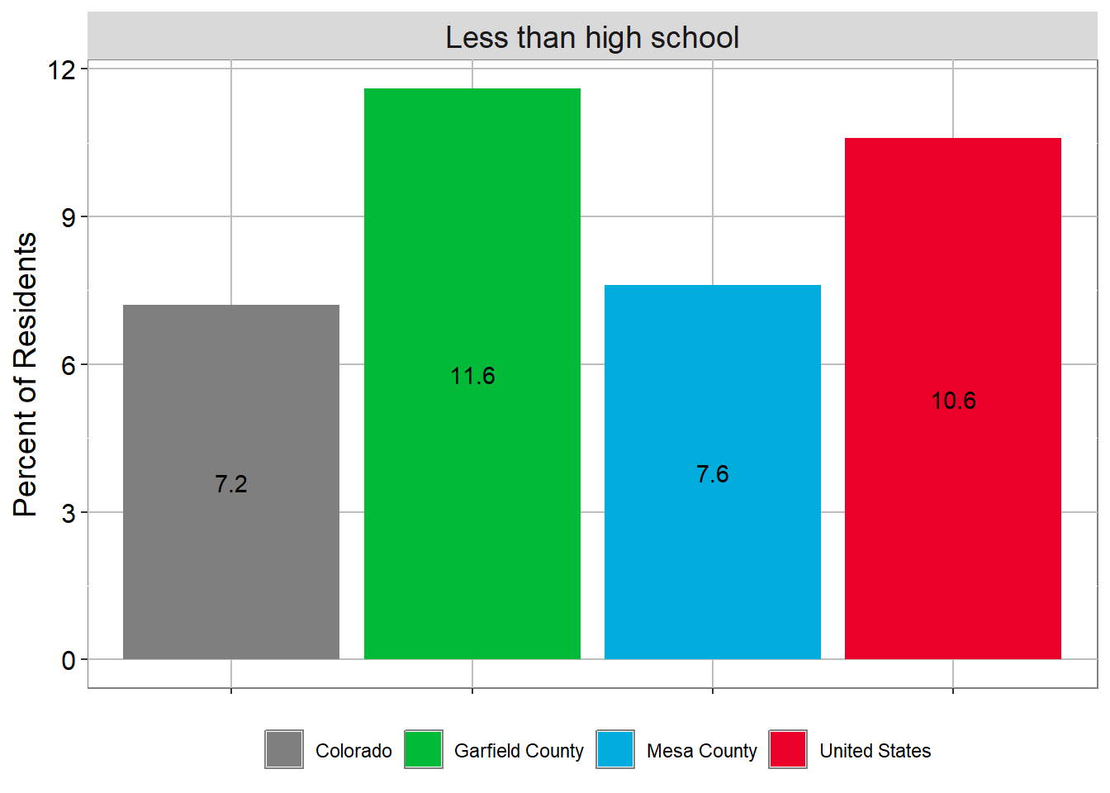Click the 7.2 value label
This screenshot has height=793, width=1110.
[x=231, y=484]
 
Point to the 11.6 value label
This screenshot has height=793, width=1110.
[x=472, y=377]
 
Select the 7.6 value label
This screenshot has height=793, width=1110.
[x=713, y=474]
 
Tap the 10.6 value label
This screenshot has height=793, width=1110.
[x=953, y=401]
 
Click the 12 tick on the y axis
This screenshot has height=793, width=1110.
[x=62, y=70]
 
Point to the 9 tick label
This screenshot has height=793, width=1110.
[x=68, y=218]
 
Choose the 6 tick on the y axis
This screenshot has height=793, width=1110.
[x=68, y=366]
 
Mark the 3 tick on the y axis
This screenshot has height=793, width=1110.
[x=68, y=514]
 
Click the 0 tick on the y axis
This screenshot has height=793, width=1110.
[x=68, y=661]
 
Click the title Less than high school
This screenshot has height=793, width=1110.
[x=592, y=38]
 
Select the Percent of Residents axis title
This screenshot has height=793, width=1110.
[x=26, y=375]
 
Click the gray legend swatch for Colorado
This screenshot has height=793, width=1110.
[x=284, y=749]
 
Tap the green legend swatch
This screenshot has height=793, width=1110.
[x=424, y=749]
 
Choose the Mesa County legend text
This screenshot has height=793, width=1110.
[x=701, y=751]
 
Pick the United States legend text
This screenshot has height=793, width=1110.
[x=875, y=751]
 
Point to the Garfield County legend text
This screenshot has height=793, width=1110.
[x=519, y=751]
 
